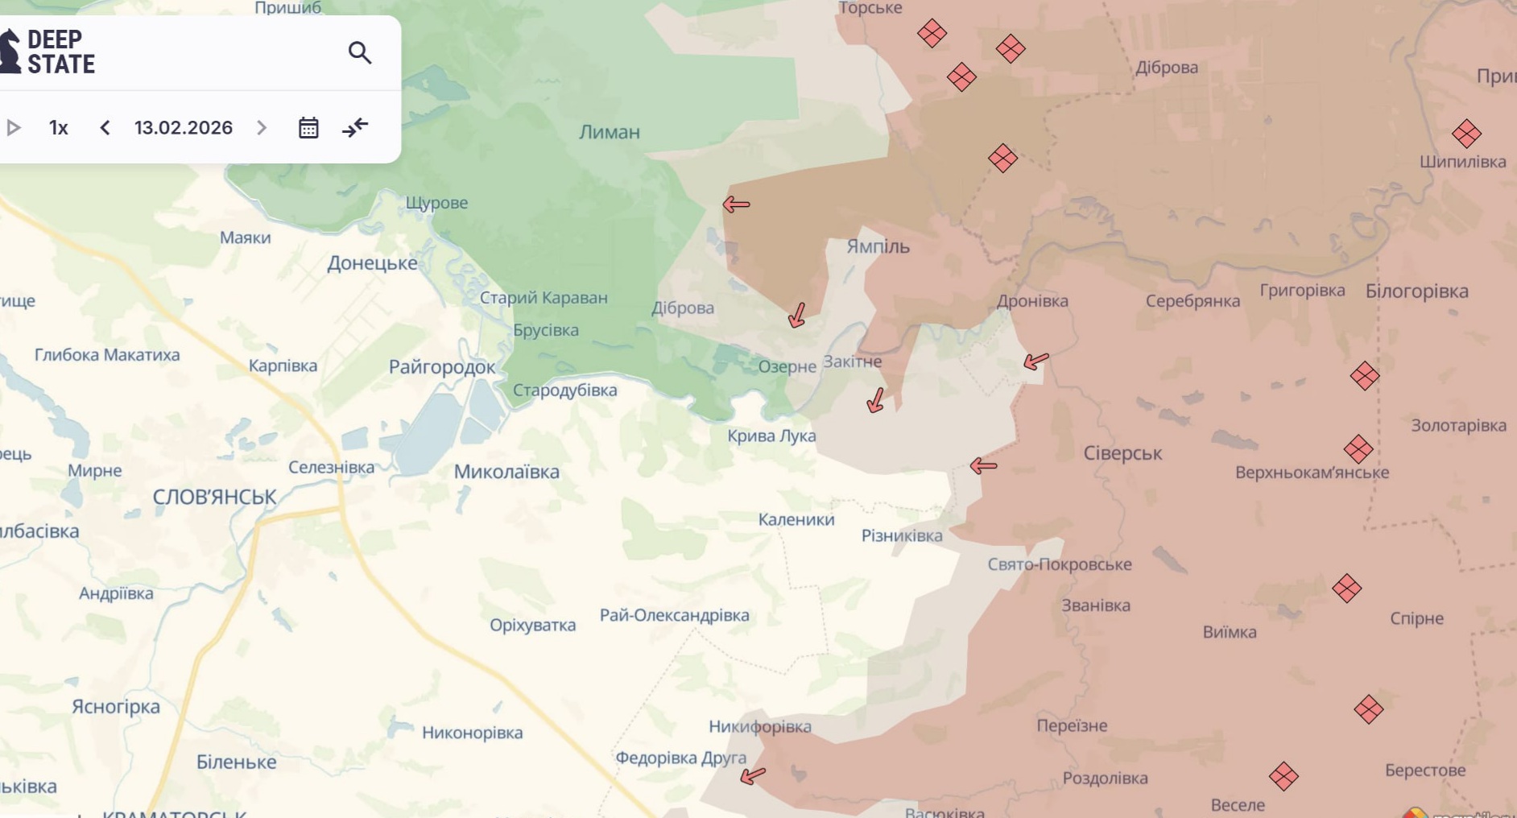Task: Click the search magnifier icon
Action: (x=359, y=53)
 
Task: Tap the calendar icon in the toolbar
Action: (x=308, y=128)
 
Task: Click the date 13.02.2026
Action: (x=184, y=128)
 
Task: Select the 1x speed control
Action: (x=58, y=128)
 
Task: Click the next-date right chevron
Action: (x=262, y=128)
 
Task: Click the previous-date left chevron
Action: (x=105, y=128)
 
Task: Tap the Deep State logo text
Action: (x=60, y=52)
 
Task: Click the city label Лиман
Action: (x=609, y=132)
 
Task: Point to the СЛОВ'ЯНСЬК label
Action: (x=214, y=497)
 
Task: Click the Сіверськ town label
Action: (x=1122, y=453)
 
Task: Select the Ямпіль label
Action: (x=878, y=246)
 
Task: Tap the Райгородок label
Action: (x=442, y=367)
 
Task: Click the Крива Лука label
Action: (x=771, y=436)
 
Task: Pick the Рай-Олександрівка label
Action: (x=674, y=615)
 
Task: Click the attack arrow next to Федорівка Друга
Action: (x=753, y=775)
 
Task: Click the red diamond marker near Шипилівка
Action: (x=1466, y=134)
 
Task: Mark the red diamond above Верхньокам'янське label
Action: (x=1358, y=449)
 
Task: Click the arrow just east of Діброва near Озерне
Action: (x=797, y=315)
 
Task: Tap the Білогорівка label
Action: (x=1416, y=291)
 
